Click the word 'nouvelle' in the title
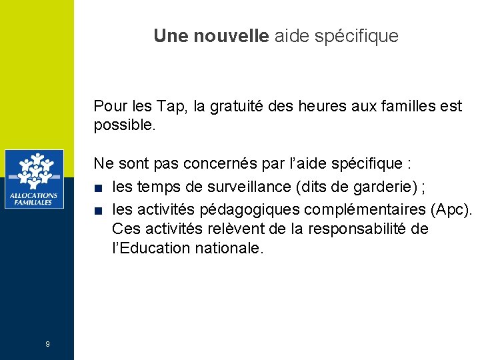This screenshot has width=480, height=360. [231, 36]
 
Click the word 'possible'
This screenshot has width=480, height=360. [123, 125]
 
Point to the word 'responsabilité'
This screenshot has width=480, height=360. [354, 229]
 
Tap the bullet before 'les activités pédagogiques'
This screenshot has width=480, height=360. [98, 211]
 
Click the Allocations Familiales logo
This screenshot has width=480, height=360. [34, 179]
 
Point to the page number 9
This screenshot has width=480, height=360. [47, 344]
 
